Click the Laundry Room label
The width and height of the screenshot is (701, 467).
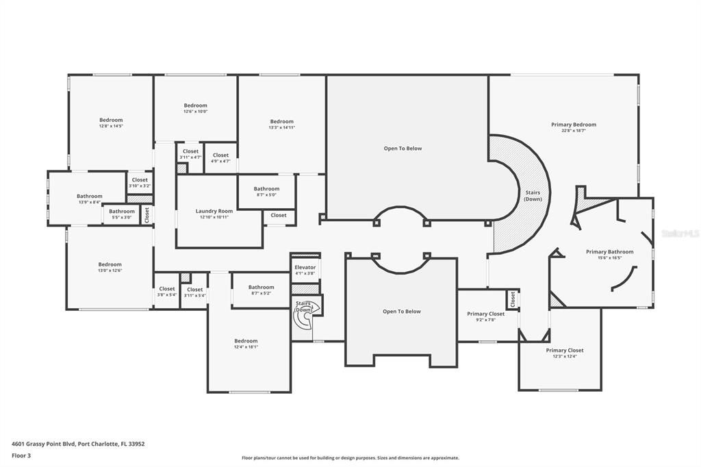pyautogui.click(x=214, y=211)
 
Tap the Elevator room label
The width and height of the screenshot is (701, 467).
pyautogui.click(x=305, y=268)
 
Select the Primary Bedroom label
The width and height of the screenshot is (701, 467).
pyautogui.click(x=574, y=125)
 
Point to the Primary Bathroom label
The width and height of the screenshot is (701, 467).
pyautogui.click(x=610, y=252)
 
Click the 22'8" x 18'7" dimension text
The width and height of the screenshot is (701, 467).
pyautogui.click(x=574, y=131)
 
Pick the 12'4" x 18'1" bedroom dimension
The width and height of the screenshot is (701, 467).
pyautogui.click(x=246, y=346)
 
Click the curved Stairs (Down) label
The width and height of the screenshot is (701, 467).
pyautogui.click(x=533, y=196)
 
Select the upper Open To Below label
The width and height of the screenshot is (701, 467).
pyautogui.click(x=403, y=149)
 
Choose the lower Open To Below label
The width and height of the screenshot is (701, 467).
pyautogui.click(x=402, y=312)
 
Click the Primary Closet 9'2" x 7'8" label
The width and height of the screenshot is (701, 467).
pyautogui.click(x=486, y=317)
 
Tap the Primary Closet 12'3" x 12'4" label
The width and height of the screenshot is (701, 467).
pyautogui.click(x=565, y=353)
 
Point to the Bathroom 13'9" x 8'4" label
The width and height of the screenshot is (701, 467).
pyautogui.click(x=90, y=199)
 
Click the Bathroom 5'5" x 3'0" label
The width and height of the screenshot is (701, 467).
pyautogui.click(x=122, y=214)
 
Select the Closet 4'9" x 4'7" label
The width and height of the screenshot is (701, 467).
pyautogui.click(x=221, y=158)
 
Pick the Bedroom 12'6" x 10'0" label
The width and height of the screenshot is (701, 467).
pyautogui.click(x=195, y=108)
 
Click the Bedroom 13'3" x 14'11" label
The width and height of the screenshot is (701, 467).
pyautogui.click(x=281, y=124)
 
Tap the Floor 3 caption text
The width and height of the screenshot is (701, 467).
pyautogui.click(x=21, y=456)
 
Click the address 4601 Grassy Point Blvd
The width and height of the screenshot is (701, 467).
pyautogui.click(x=43, y=444)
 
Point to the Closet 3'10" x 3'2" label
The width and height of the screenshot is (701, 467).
pyautogui.click(x=140, y=183)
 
